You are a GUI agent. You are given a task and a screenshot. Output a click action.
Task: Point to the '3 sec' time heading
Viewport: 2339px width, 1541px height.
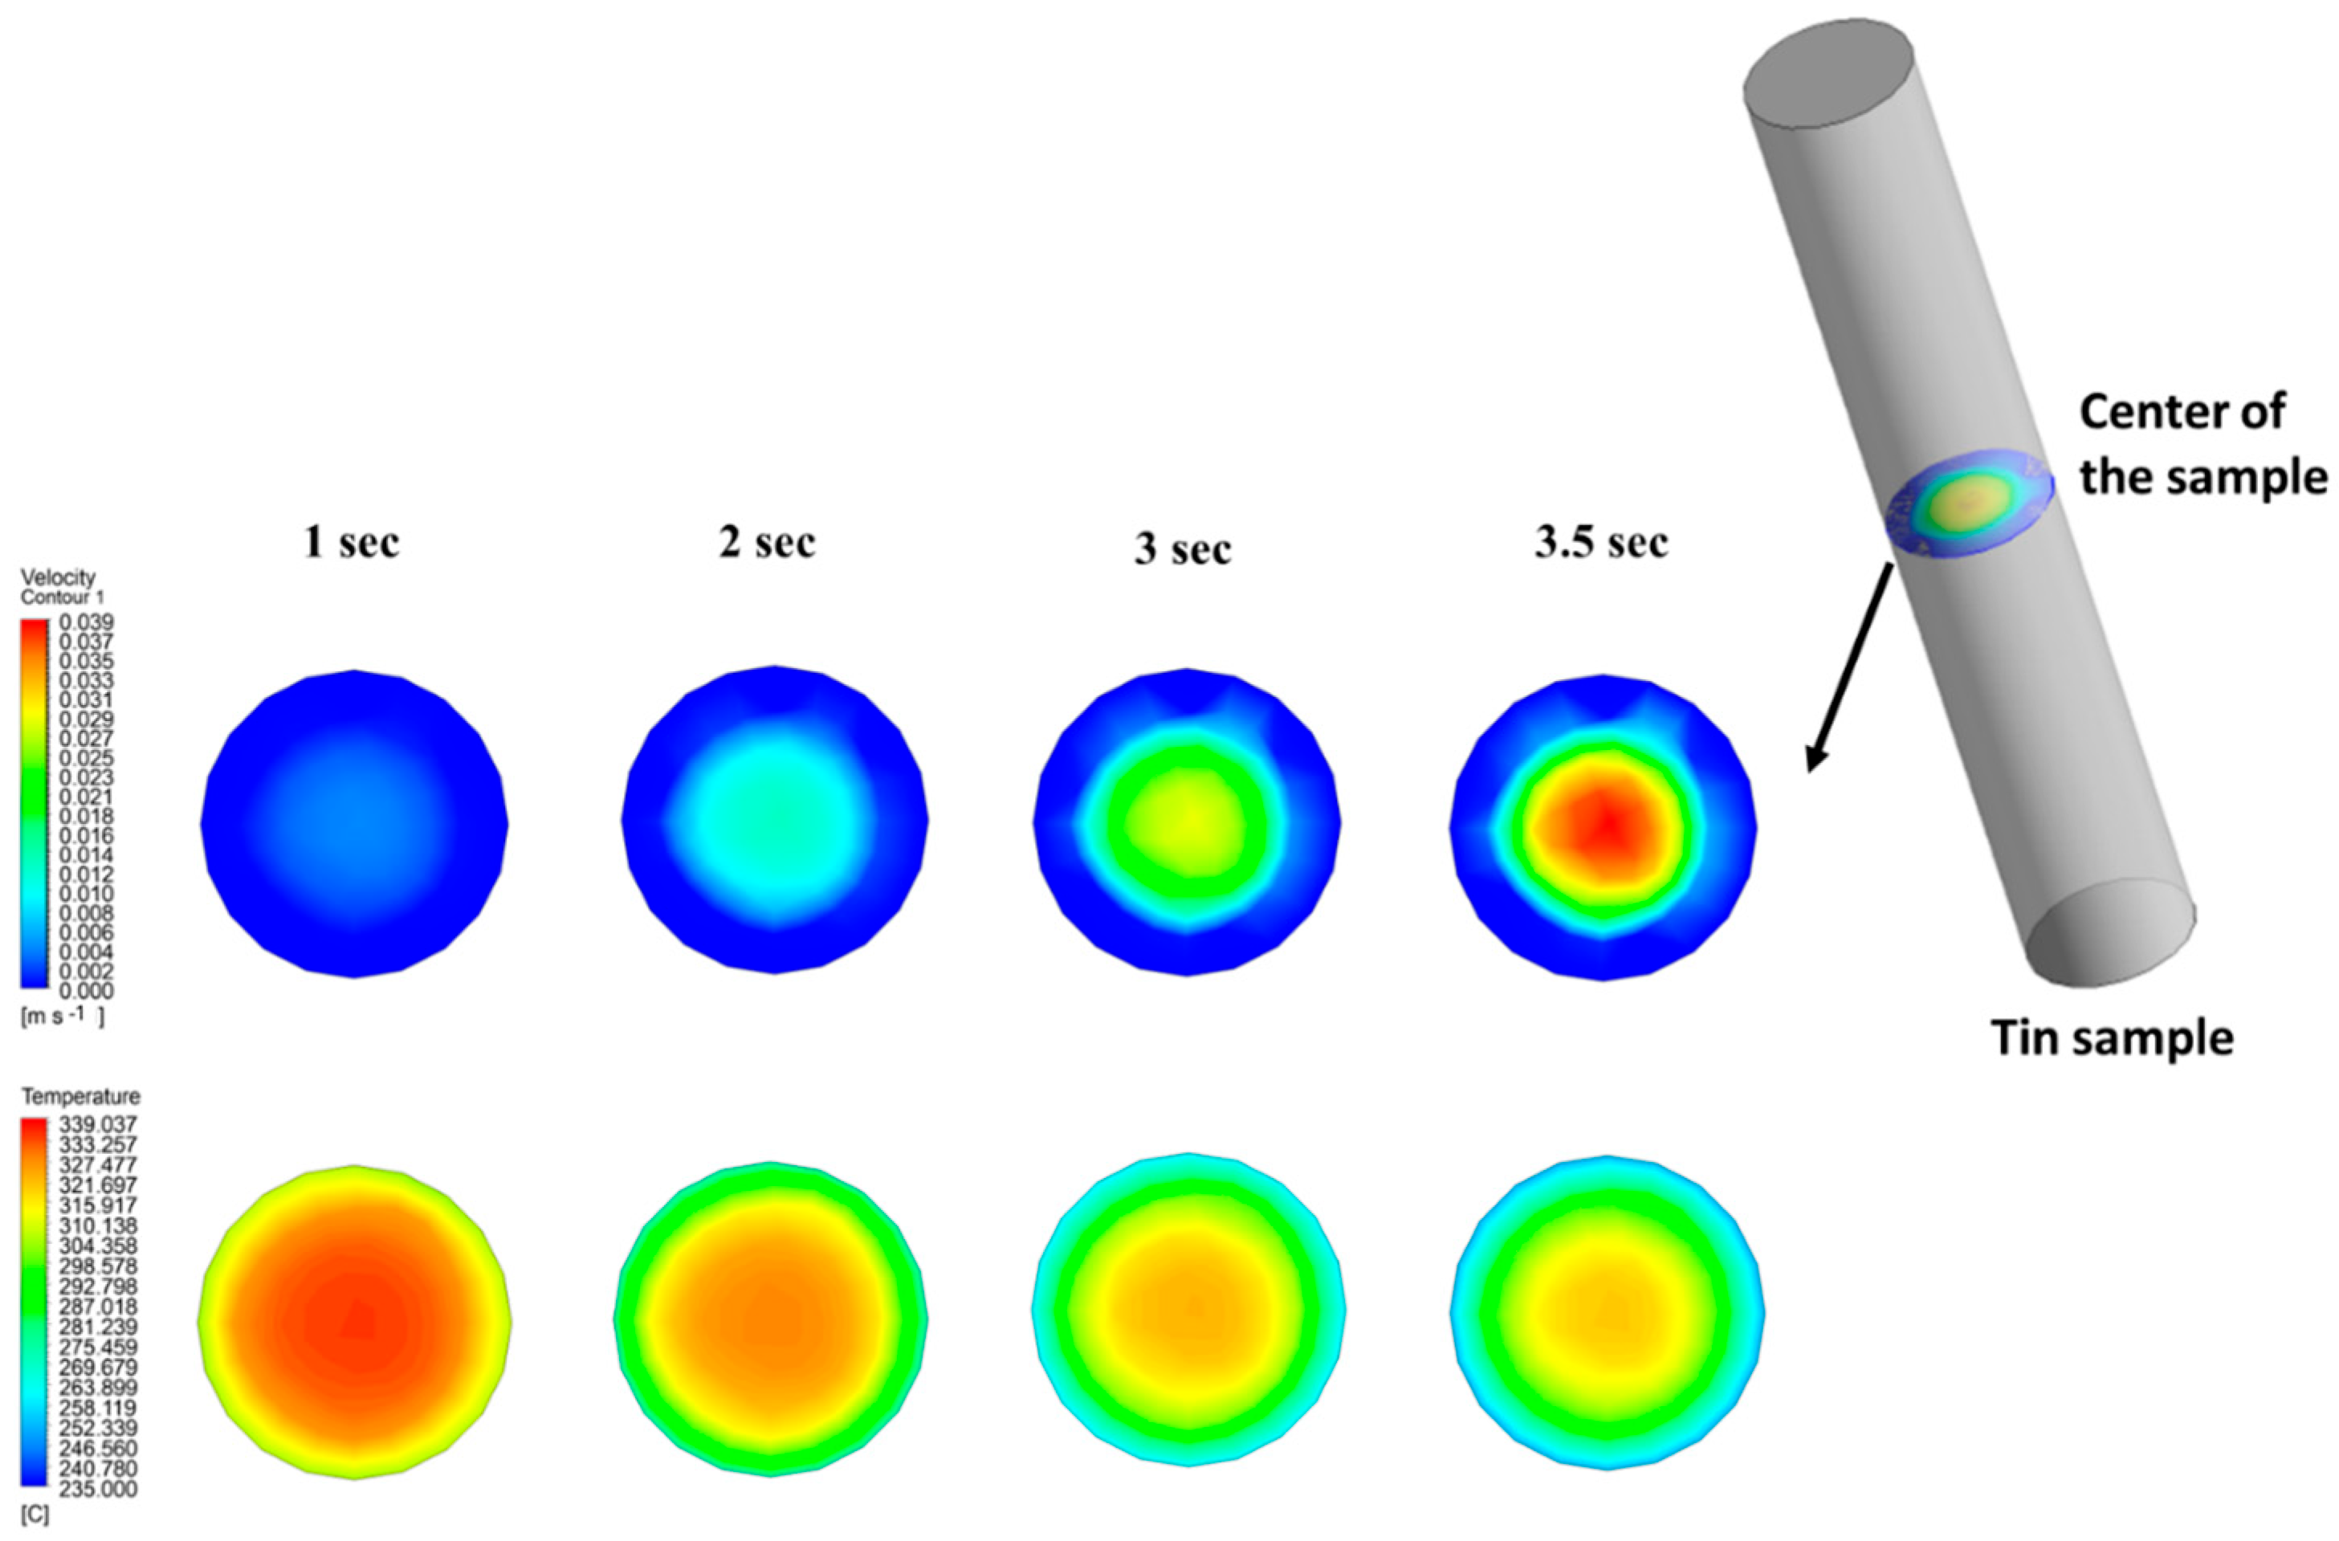(1184, 548)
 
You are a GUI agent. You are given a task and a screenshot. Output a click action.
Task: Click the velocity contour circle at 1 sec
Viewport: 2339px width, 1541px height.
(355, 824)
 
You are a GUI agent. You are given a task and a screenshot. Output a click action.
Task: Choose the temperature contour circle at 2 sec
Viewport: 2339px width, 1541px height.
(772, 1317)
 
